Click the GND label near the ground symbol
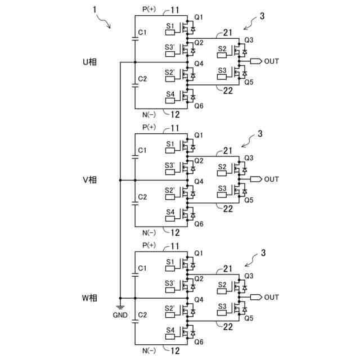tap(120, 315)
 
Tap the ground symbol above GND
tap(120, 307)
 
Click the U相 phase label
tap(89, 62)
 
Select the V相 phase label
tap(89, 180)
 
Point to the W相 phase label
tap(89, 298)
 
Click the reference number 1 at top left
tap(94, 10)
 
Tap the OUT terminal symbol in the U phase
tap(256, 61)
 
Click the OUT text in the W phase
tap(272, 298)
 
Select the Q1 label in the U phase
tap(199, 17)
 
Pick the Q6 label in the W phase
tap(199, 342)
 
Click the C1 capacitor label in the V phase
tap(142, 150)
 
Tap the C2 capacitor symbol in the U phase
tap(135, 85)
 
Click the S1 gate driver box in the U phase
tap(170, 33)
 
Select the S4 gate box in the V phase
tap(170, 218)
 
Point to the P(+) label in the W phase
tap(149, 245)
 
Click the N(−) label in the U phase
tap(149, 115)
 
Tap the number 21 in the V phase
tap(227, 151)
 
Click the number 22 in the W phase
tap(228, 327)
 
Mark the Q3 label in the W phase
tap(249, 276)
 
